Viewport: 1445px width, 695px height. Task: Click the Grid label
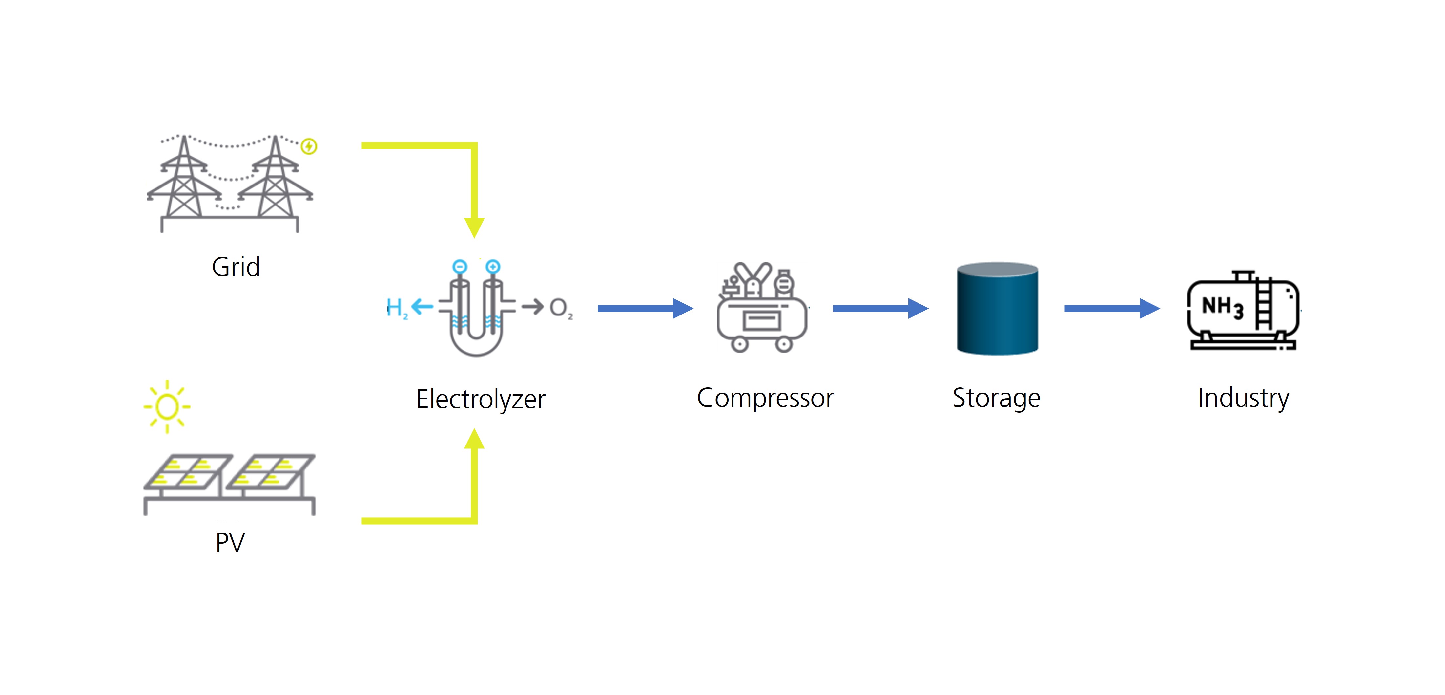[x=236, y=267]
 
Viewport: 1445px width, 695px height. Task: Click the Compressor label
[x=765, y=398]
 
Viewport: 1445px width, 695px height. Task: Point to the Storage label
[x=996, y=398]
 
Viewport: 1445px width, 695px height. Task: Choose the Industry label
[x=1243, y=398]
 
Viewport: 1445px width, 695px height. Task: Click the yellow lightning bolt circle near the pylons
[x=309, y=146]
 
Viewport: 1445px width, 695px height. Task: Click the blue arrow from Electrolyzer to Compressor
[x=646, y=308]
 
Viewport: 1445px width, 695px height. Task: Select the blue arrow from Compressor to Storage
[x=881, y=308]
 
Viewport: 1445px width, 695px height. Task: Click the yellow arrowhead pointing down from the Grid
[x=474, y=228]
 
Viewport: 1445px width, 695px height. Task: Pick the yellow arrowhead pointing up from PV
[x=474, y=439]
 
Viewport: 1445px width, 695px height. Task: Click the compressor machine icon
[x=762, y=307]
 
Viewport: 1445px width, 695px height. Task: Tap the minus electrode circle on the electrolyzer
[x=460, y=266]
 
